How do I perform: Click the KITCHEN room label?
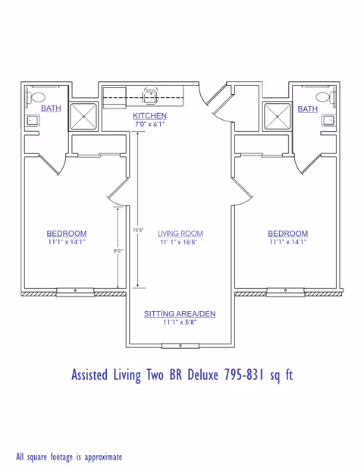(149, 115)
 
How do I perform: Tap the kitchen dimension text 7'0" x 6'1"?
(149, 123)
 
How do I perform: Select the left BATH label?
(51, 108)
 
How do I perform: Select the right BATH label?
(307, 108)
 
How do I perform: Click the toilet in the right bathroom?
(326, 97)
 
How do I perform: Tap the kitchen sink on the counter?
(150, 96)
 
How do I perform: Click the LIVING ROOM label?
(180, 234)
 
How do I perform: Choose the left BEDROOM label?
(67, 234)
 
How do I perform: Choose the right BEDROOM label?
(287, 234)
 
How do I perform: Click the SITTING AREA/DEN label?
(180, 313)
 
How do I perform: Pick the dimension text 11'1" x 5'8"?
(180, 322)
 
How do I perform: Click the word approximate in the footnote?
(99, 457)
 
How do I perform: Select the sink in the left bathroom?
(31, 120)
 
